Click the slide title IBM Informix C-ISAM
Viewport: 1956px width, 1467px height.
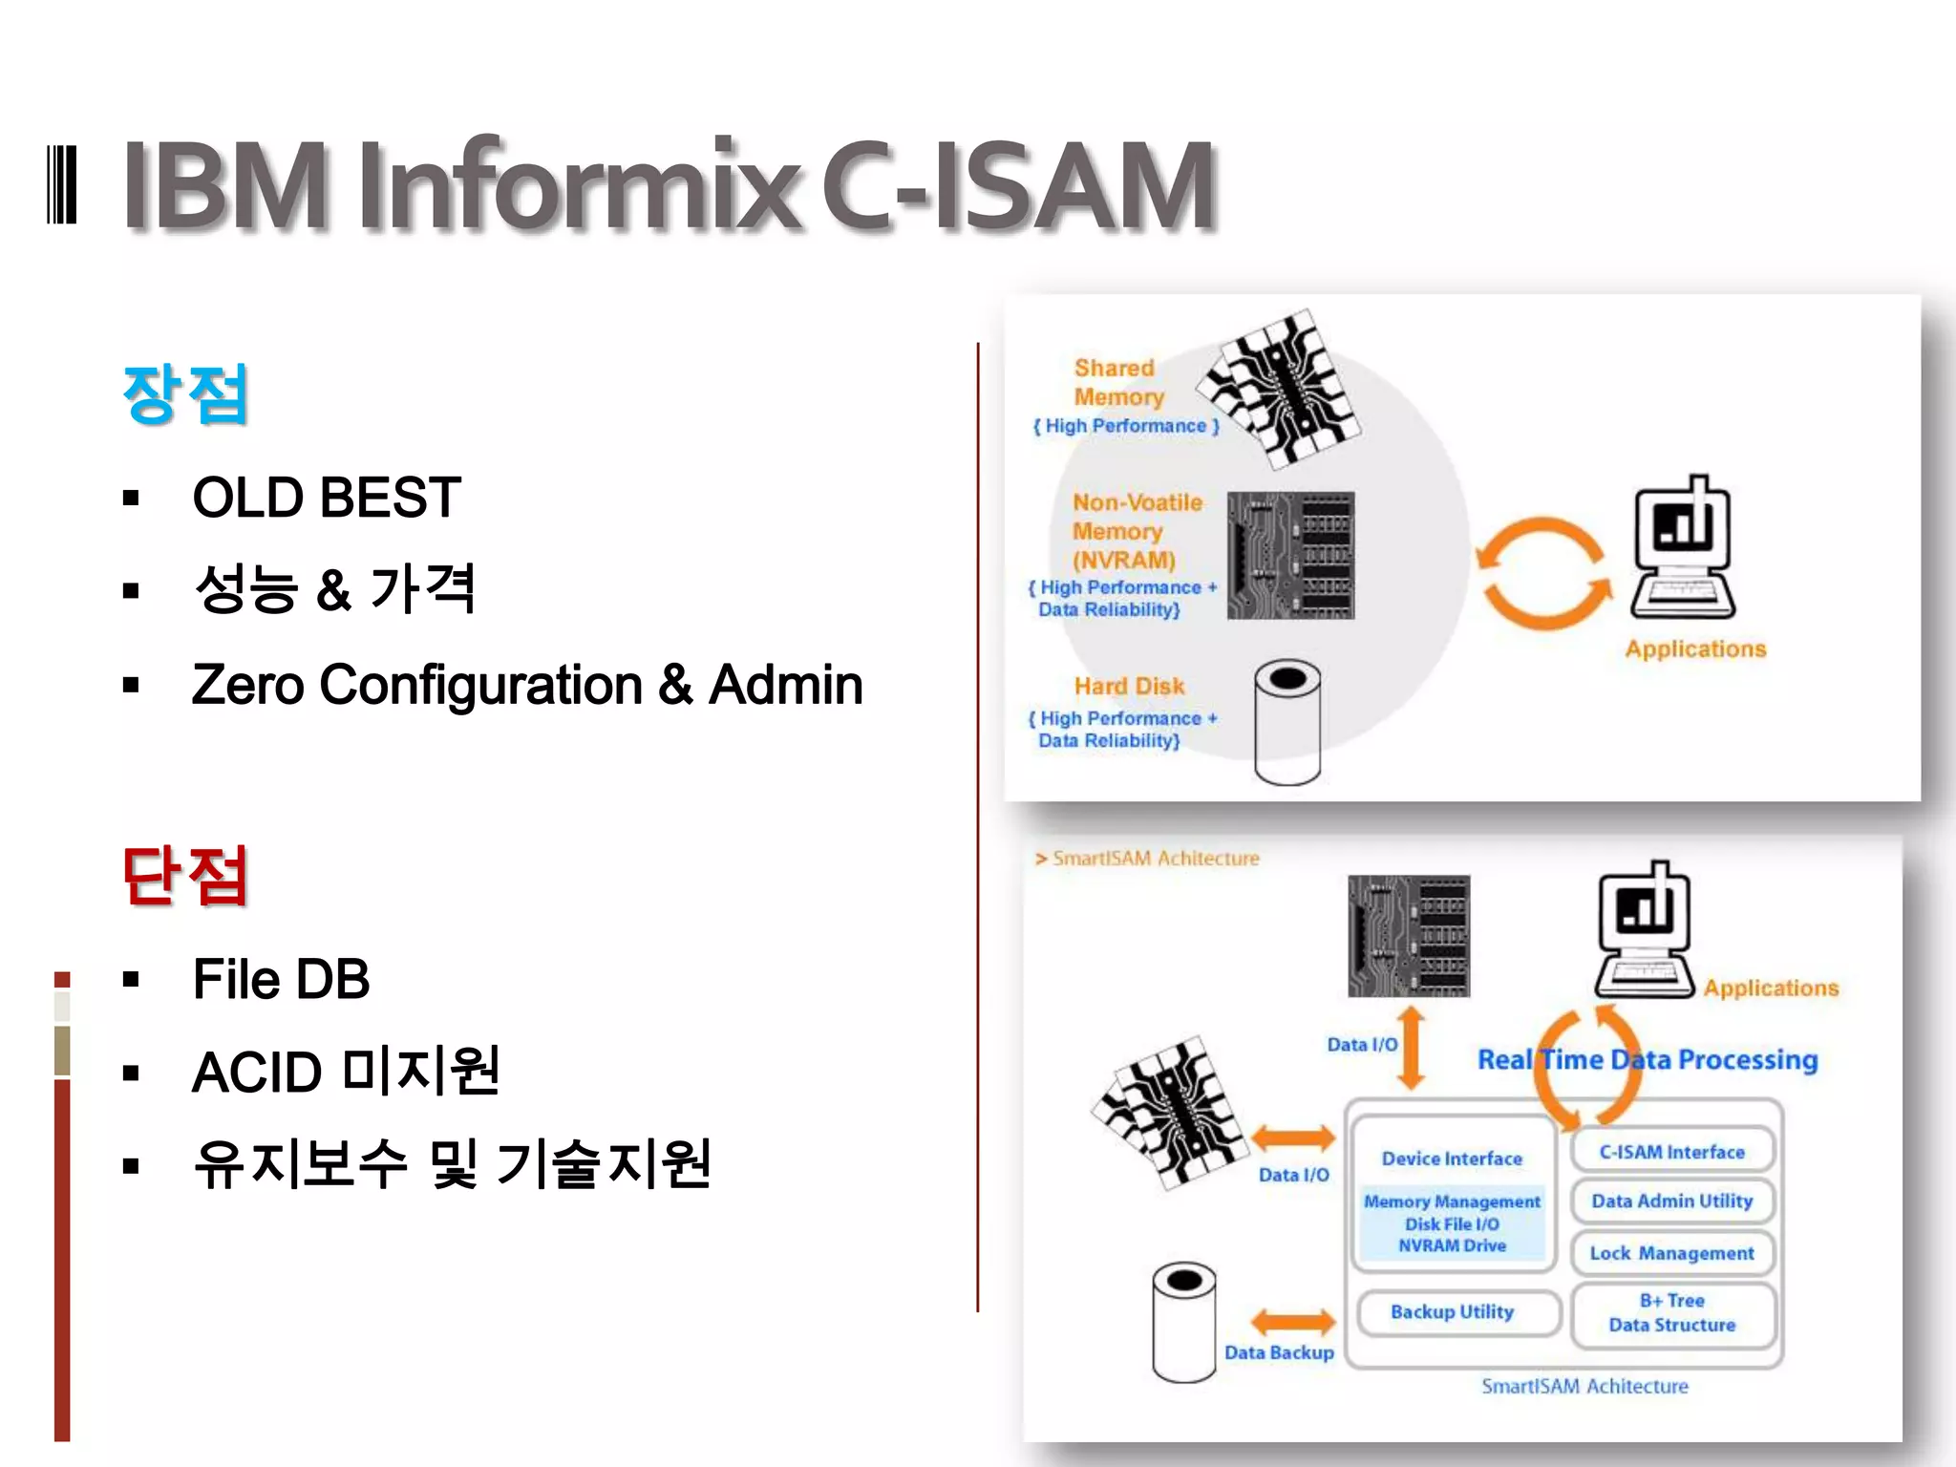(669, 186)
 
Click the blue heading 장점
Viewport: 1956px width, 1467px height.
(185, 393)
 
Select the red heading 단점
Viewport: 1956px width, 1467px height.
(185, 875)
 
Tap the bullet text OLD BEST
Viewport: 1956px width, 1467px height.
(327, 498)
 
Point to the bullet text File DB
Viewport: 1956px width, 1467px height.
(281, 979)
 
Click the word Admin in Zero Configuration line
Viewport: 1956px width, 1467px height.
(785, 685)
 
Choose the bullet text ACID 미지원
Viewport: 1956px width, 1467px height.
(346, 1072)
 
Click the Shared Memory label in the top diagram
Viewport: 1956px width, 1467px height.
(1117, 382)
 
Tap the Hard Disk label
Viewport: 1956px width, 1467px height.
(1129, 686)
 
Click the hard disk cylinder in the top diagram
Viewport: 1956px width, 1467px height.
(1287, 722)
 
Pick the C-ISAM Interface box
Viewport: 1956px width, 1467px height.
(1671, 1152)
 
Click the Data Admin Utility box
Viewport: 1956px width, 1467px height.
(1671, 1201)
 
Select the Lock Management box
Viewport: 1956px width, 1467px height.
(1671, 1253)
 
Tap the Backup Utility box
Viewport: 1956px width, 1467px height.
(1452, 1312)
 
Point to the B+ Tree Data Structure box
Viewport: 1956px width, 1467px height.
(1671, 1313)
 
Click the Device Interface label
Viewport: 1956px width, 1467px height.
(1452, 1159)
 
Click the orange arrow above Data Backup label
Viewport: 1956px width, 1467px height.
(1293, 1323)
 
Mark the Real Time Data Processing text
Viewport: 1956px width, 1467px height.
(1648, 1060)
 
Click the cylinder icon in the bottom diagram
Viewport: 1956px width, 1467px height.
(1184, 1322)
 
